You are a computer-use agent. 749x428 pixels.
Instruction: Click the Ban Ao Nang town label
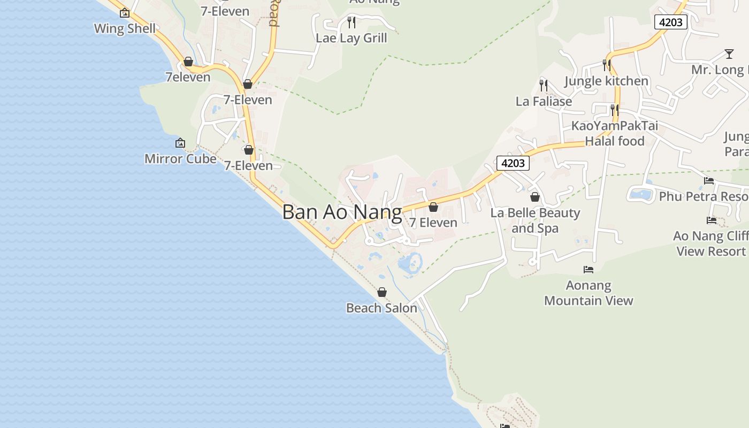(342, 212)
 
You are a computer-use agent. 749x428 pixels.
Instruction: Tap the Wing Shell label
(125, 28)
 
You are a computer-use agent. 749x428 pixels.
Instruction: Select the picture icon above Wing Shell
(125, 13)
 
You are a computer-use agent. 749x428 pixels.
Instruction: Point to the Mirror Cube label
(180, 158)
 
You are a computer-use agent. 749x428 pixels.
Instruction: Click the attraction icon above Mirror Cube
(180, 143)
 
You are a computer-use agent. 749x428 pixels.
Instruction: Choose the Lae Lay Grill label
(351, 38)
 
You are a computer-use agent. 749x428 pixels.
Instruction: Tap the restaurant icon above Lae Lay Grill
(351, 22)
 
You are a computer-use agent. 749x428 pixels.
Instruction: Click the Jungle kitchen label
(606, 81)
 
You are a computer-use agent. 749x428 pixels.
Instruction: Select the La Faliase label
(544, 101)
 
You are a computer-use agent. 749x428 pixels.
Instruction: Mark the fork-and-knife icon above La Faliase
(544, 85)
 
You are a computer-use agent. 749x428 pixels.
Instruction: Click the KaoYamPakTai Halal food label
(615, 133)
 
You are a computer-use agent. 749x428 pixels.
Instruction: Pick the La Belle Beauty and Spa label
(535, 220)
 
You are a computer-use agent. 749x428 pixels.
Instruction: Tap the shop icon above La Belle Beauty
(535, 197)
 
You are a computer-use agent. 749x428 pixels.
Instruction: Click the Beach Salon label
(381, 308)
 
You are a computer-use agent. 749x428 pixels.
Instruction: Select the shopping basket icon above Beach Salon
(382, 292)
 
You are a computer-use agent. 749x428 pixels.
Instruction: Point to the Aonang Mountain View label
(588, 293)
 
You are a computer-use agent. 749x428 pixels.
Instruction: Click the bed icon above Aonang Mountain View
(588, 269)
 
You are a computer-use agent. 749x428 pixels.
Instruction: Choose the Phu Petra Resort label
(703, 196)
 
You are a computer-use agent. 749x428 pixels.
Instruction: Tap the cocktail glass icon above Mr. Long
(729, 53)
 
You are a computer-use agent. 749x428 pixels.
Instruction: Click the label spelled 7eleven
(188, 77)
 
